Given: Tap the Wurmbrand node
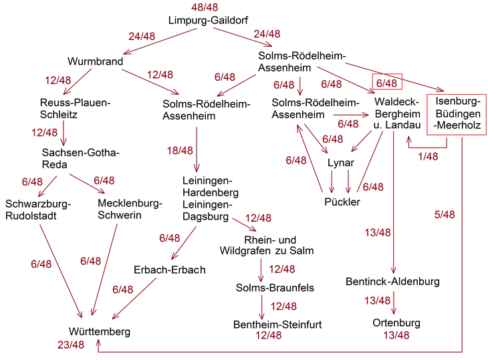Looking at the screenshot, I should point(96,61).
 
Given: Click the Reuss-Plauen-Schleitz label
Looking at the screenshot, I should point(74,108).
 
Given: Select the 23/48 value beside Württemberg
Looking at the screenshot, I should point(70,345).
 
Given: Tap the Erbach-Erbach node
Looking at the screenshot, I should point(169,270).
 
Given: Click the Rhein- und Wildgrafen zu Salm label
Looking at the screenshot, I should point(266,245).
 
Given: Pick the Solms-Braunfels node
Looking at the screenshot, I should point(265,287).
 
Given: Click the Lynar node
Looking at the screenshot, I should point(341,163).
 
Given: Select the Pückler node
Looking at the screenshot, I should point(342,202).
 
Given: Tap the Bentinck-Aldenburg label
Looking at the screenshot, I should point(393,281).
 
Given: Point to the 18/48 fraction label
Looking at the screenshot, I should point(180,151).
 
